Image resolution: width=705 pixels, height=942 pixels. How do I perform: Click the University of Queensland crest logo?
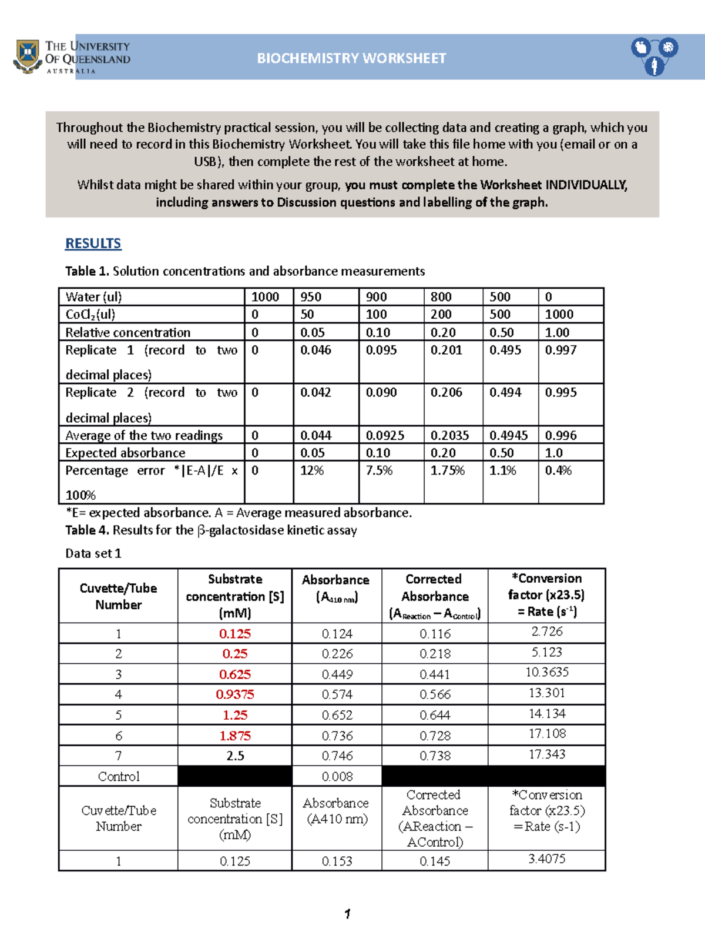[27, 56]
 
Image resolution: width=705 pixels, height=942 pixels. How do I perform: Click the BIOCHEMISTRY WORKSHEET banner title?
[351, 58]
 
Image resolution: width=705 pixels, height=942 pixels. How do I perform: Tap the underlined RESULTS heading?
[93, 243]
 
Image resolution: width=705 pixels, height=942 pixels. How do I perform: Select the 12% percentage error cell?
[312, 470]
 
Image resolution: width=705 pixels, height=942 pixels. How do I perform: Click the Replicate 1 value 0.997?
[560, 350]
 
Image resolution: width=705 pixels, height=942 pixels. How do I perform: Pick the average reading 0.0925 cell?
[385, 436]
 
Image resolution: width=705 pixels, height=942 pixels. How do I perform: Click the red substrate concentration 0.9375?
[235, 694]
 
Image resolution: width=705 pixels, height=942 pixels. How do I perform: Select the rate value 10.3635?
[546, 672]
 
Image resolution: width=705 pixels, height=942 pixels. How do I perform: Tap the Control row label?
[119, 776]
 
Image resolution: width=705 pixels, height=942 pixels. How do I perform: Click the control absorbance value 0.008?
[337, 776]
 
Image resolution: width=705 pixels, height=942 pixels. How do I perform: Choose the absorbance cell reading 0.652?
[337, 715]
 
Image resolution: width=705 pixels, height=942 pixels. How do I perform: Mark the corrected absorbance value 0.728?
[435, 736]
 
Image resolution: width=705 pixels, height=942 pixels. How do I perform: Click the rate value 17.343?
[546, 754]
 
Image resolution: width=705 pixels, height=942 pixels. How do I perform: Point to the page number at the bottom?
[348, 914]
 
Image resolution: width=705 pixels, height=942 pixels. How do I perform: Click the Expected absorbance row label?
[125, 453]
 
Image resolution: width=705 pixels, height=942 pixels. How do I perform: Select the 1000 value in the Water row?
[265, 297]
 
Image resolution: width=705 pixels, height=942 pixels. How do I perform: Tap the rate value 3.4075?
[546, 859]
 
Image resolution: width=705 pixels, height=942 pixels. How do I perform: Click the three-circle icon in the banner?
[654, 56]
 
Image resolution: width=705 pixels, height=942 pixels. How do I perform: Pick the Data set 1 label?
[93, 553]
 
